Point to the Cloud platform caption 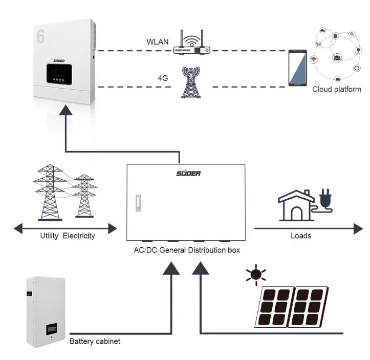point(337,89)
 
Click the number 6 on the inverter point(40,35)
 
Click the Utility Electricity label point(68,237)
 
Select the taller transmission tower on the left point(50,192)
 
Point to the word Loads point(301,237)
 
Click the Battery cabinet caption point(95,342)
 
